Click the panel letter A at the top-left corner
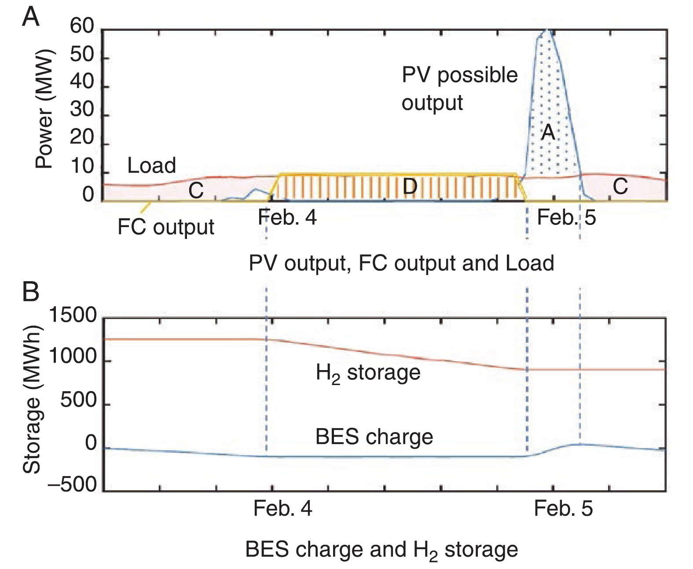click(31, 18)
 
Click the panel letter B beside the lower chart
click(31, 292)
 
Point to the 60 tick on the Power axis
click(82, 27)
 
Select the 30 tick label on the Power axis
click(82, 110)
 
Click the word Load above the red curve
click(151, 166)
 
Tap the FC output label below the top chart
click(166, 227)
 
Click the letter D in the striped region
click(410, 187)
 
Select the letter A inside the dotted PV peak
click(548, 132)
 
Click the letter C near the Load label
click(196, 191)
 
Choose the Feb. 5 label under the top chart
click(566, 217)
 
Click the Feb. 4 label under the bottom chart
click(283, 509)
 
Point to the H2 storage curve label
click(368, 373)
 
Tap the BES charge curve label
click(374, 437)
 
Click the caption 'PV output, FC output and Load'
click(401, 263)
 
